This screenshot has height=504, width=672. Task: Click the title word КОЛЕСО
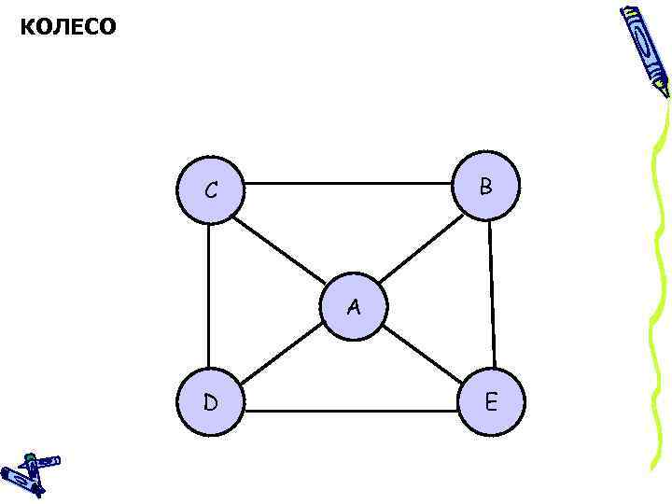[68, 27]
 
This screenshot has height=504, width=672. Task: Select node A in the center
[353, 306]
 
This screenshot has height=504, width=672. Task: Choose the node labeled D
[210, 403]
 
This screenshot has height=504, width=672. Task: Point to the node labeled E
[492, 403]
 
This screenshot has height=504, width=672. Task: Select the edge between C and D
[209, 296]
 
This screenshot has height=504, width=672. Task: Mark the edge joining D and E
[351, 411]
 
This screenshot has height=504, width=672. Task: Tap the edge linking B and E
[491, 295]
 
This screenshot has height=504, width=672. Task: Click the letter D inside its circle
[211, 403]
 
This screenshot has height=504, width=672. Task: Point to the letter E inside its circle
[491, 403]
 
